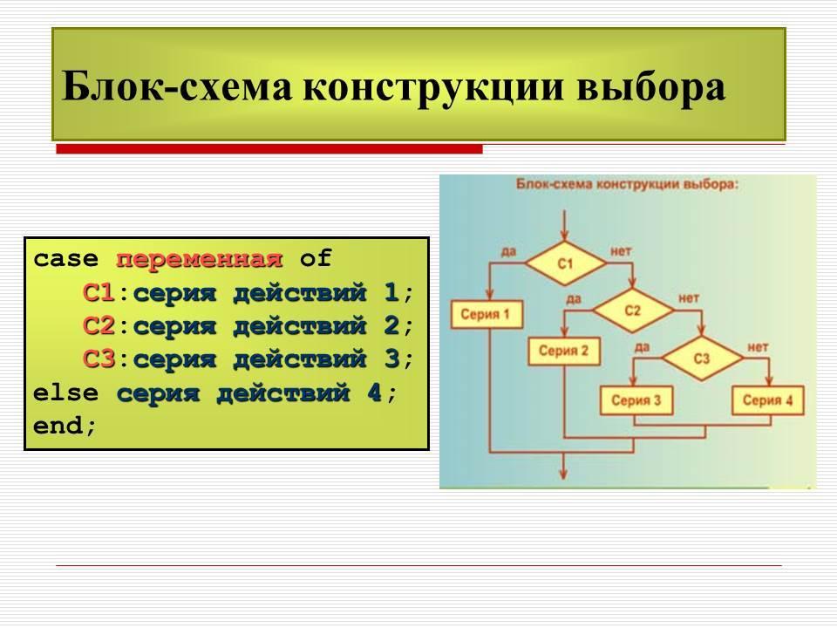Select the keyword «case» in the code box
(65, 260)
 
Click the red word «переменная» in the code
(199, 260)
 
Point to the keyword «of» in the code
(316, 258)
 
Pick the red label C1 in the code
(99, 293)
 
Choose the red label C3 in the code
(99, 358)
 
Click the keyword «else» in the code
(65, 393)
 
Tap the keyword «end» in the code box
(58, 426)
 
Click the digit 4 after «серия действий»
(374, 393)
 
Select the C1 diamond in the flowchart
(565, 263)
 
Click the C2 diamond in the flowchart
(633, 311)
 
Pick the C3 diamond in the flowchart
(702, 358)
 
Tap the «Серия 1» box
(487, 314)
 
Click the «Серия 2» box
(564, 351)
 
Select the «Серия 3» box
(636, 400)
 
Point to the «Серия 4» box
(768, 400)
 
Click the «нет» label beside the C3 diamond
(758, 348)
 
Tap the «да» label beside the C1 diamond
(508, 251)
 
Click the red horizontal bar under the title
(269, 149)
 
